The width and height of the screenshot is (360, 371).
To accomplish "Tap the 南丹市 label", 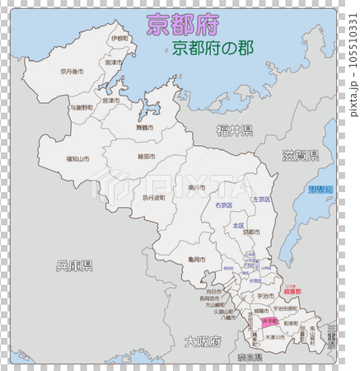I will tap(196, 188).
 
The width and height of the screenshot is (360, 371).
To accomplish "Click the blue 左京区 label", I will tap(262, 200).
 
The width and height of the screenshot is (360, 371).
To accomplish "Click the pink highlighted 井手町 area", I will tap(269, 321).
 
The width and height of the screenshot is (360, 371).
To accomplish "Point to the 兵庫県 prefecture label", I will tap(74, 265).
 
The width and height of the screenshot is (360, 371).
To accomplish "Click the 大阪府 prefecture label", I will tap(201, 340).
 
